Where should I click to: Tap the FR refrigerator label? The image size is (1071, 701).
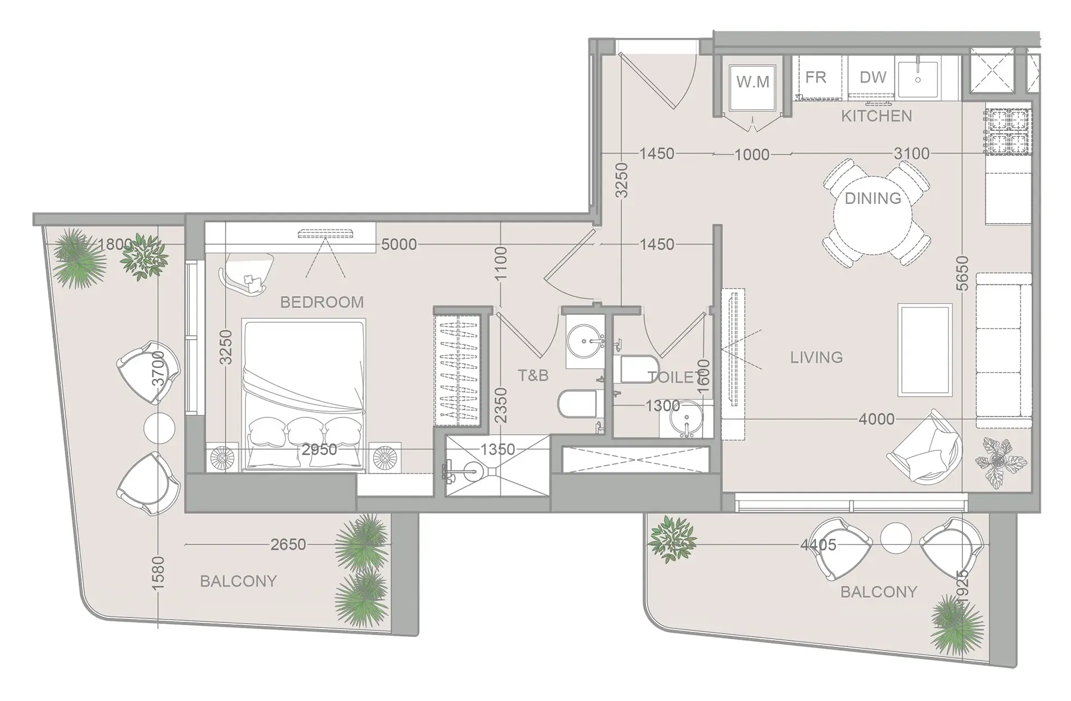[x=816, y=77]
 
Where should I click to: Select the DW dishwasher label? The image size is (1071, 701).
[x=872, y=77]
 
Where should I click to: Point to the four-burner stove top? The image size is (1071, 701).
[x=1008, y=132]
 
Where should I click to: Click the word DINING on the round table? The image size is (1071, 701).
[x=872, y=198]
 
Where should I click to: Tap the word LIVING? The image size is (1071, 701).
[x=816, y=357]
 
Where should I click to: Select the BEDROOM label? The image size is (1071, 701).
[x=322, y=302]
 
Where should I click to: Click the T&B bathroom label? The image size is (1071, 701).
[x=533, y=376]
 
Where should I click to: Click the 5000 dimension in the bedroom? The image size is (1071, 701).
[x=399, y=245]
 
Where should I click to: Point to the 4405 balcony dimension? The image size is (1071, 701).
[x=818, y=545]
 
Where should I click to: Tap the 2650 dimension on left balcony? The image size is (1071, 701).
[x=288, y=544]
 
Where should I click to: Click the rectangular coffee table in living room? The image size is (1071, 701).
[x=924, y=350]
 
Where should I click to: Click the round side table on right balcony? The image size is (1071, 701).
[x=896, y=538]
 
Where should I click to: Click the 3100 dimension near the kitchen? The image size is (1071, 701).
[x=911, y=153]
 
